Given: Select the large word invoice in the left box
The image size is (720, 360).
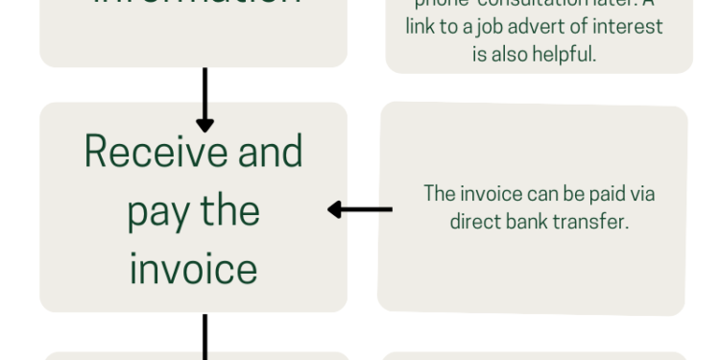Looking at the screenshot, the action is point(193,269).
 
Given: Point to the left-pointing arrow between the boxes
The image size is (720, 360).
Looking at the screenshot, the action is point(359,209).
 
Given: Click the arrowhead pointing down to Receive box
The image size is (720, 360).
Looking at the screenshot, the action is point(204,124).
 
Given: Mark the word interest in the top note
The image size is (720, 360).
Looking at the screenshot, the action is point(632,27).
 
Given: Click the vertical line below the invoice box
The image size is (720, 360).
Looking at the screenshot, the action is point(204,336).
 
